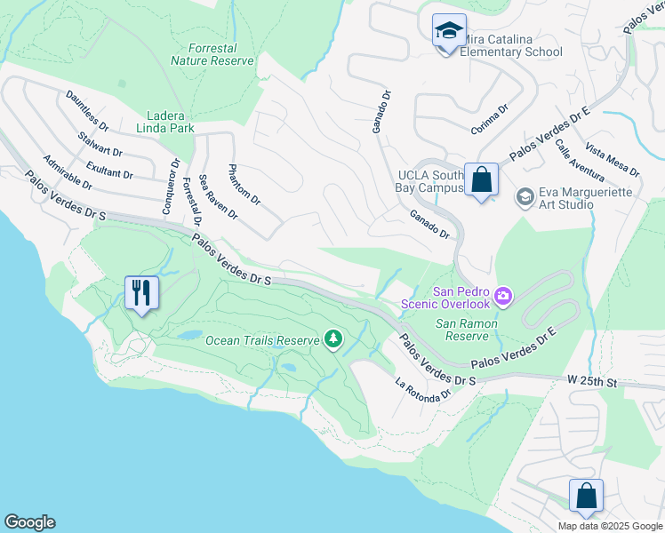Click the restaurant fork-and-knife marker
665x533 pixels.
141,292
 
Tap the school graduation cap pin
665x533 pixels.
449,31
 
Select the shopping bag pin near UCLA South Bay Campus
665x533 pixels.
481,180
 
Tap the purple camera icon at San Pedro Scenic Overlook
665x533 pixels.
503,295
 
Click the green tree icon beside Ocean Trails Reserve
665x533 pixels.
333,338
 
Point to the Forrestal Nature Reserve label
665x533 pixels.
212,54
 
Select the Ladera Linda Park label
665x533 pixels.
170,122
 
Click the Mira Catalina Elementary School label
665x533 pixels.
512,45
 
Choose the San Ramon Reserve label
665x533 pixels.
461,330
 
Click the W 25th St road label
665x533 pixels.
593,381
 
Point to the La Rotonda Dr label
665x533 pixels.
417,391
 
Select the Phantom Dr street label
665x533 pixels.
244,185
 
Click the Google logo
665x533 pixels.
29,522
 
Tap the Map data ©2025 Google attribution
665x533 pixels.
609,526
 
